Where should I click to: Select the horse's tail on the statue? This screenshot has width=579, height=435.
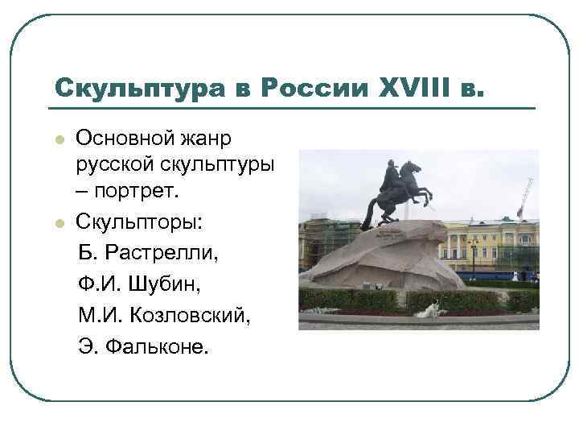coord(370,213)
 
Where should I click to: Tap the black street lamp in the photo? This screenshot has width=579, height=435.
coord(473,254)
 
